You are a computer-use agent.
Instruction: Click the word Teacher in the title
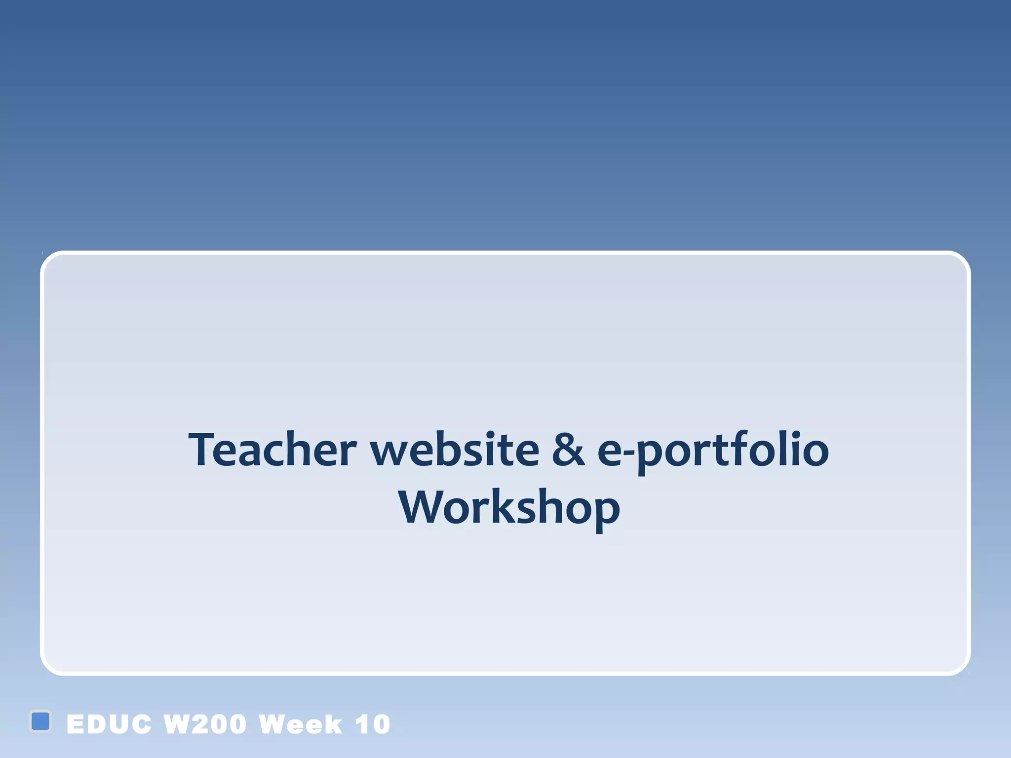[272, 450]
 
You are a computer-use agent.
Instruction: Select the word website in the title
[455, 450]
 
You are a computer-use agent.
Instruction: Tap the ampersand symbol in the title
[568, 450]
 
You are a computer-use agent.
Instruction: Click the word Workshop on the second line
[509, 508]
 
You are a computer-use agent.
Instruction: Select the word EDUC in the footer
[109, 724]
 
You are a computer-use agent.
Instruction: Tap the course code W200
[205, 724]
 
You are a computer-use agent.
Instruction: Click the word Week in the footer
[300, 724]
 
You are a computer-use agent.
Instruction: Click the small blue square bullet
[40, 721]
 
